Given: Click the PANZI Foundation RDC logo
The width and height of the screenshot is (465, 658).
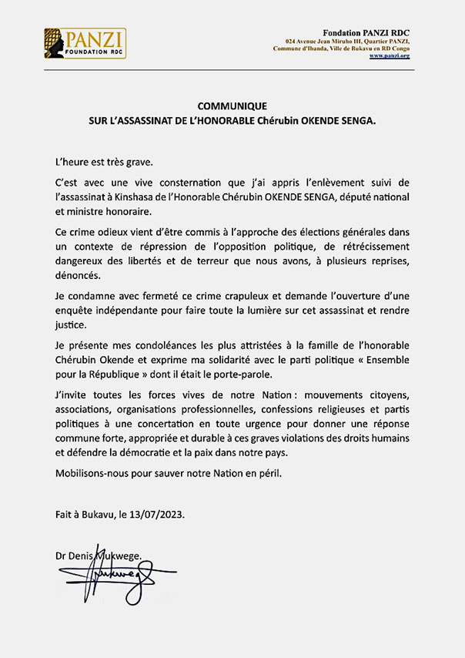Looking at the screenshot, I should [85, 44].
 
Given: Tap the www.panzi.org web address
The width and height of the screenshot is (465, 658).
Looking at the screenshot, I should [389, 55].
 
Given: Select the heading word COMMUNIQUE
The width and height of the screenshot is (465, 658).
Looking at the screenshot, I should [232, 106].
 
